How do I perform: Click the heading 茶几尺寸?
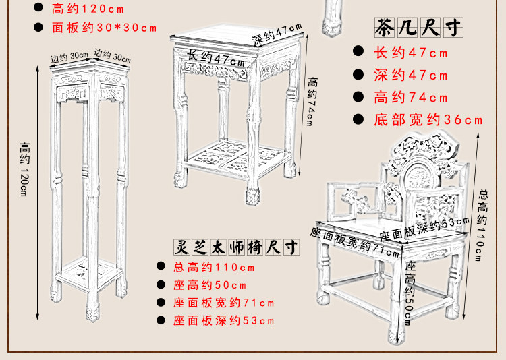(x=419, y=29)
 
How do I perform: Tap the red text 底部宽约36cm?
(x=428, y=121)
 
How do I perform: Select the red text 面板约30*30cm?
(x=104, y=28)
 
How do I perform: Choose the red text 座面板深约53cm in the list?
(x=224, y=321)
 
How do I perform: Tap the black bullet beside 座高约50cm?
(x=161, y=285)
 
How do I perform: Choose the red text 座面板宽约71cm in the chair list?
(x=224, y=303)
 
